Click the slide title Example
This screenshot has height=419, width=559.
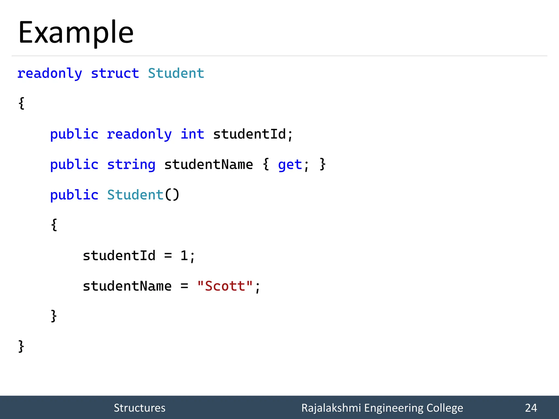click(76, 33)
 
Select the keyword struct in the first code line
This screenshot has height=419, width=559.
click(115, 73)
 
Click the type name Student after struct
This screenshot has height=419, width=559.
click(176, 73)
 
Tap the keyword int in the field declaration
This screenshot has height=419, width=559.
click(192, 134)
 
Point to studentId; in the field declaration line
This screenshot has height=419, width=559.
click(253, 134)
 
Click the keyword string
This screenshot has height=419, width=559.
click(131, 165)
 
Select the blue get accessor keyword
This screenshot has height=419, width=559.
click(290, 165)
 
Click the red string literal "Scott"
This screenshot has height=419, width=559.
click(225, 286)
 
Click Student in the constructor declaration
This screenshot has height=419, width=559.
click(135, 195)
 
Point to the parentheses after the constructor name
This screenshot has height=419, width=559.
click(172, 195)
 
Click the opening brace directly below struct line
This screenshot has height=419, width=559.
click(22, 103)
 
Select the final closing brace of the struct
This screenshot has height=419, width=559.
click(21, 346)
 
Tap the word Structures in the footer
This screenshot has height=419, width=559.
click(139, 408)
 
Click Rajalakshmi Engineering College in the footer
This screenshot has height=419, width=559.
click(382, 408)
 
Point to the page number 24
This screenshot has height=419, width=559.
click(531, 408)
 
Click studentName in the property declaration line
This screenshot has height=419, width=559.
click(209, 165)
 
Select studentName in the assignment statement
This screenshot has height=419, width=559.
click(127, 286)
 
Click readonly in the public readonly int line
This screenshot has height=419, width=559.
click(139, 134)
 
